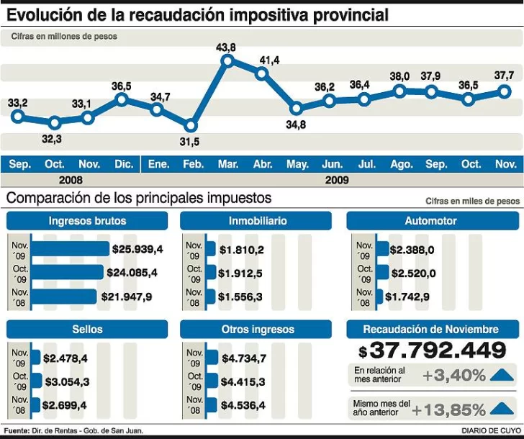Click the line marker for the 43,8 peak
pyautogui.click(x=227, y=61)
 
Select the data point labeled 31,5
pyautogui.click(x=191, y=125)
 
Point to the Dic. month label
pyautogui.click(x=124, y=165)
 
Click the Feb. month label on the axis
pyautogui.click(x=193, y=165)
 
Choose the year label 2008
pyautogui.click(x=71, y=180)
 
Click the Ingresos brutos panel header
pyautogui.click(x=87, y=221)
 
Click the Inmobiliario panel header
pyautogui.click(x=258, y=221)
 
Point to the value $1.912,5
pyautogui.click(x=241, y=273)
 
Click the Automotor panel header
pyautogui.click(x=430, y=221)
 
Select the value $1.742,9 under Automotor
pyautogui.click(x=407, y=297)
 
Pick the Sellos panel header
pyautogui.click(x=87, y=330)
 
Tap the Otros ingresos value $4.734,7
pyautogui.click(x=244, y=358)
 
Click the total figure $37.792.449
pyautogui.click(x=432, y=351)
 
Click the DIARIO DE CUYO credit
pyautogui.click(x=488, y=431)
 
